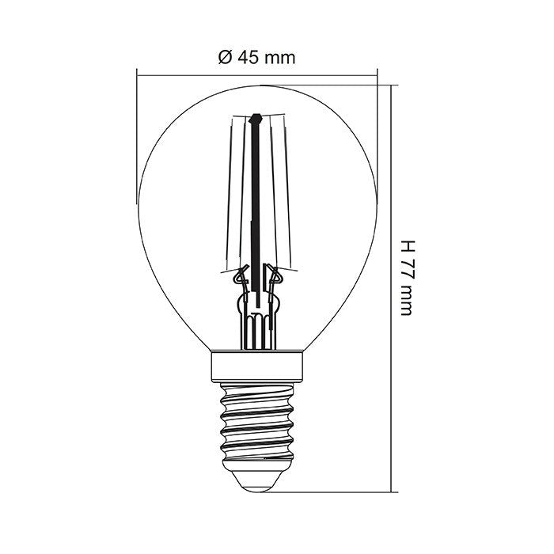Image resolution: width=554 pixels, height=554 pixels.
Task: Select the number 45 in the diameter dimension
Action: click(246, 58)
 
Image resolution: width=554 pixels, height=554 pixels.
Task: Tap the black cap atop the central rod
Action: click(256, 121)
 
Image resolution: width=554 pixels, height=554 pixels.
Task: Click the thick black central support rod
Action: click(256, 206)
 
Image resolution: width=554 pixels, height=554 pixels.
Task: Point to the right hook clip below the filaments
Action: click(275, 277)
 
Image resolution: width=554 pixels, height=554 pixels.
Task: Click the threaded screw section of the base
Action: click(257, 419)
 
